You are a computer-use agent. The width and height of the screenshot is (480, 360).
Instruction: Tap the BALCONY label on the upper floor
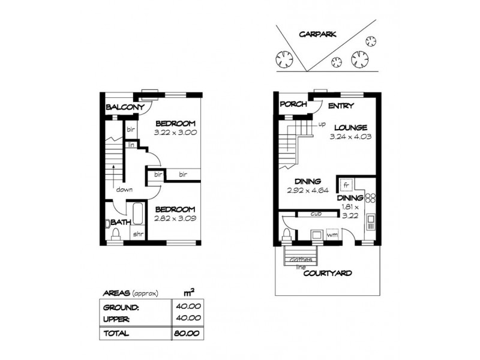(x=124, y=108)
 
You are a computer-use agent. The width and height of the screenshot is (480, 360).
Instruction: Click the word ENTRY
(x=340, y=106)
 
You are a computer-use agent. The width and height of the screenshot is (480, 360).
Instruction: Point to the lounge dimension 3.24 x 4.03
(x=347, y=137)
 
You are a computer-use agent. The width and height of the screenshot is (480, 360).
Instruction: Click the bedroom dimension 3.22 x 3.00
(x=175, y=132)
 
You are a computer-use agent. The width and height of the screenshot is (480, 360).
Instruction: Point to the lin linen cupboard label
(x=130, y=144)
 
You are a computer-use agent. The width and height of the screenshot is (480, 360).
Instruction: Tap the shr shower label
(x=137, y=234)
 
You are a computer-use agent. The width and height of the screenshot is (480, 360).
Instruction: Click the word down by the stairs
(x=125, y=190)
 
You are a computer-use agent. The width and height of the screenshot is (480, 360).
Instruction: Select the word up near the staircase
(x=322, y=125)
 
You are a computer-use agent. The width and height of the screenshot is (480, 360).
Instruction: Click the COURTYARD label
(x=327, y=273)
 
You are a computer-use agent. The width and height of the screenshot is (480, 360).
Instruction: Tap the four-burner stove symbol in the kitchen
(x=370, y=197)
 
